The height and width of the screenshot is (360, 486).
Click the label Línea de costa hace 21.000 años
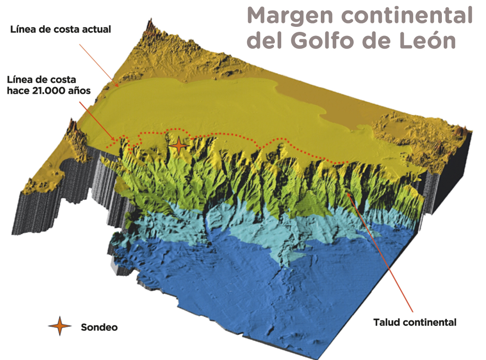point(49,85)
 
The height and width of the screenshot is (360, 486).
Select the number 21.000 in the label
point(51,91)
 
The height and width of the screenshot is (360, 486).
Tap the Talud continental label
point(415,322)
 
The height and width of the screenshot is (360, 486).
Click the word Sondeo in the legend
point(99,327)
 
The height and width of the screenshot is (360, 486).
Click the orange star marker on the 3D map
point(180,146)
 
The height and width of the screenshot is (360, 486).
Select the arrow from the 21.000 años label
point(98,120)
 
